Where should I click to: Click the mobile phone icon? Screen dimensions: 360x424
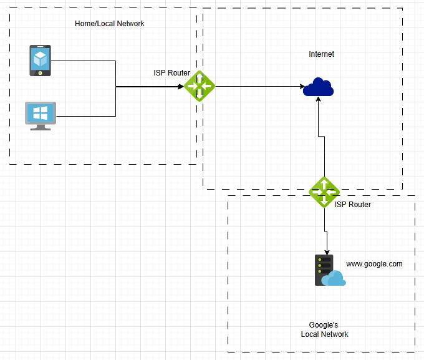[x=41, y=61]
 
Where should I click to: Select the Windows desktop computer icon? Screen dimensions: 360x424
[x=41, y=115]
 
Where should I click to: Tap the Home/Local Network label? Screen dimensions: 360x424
[x=109, y=24]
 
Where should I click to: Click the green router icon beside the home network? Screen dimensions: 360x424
[x=200, y=87]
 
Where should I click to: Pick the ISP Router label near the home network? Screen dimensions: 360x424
[x=171, y=73]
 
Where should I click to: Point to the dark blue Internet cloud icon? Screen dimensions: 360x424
[x=319, y=87]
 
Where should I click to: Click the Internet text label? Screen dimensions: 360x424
[x=321, y=54]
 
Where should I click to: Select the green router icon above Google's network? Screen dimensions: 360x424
[x=324, y=192]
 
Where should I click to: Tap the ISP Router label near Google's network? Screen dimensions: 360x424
[x=352, y=205]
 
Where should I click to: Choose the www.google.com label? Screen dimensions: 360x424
[x=374, y=264]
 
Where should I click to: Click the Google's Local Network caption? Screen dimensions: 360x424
[x=324, y=329]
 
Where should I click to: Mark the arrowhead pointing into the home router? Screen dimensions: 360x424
[x=181, y=87]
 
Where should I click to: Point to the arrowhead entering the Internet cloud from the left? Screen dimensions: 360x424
[x=300, y=87]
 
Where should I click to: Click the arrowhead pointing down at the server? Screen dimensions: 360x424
[x=324, y=249]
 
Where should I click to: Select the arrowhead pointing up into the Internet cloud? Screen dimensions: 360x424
[x=319, y=100]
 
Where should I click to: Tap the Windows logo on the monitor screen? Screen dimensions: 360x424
[x=41, y=113]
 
